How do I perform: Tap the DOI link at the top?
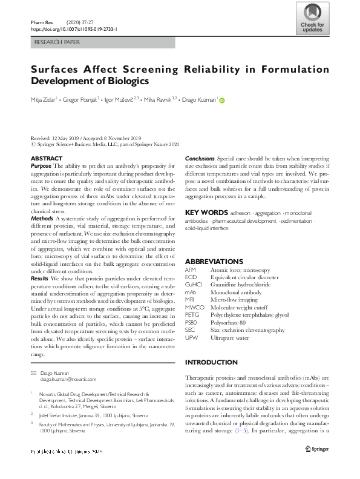pyautogui.click(x=73, y=28)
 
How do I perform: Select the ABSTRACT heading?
pyautogui.click(x=46, y=159)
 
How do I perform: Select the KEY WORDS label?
pyautogui.click(x=206, y=213)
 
